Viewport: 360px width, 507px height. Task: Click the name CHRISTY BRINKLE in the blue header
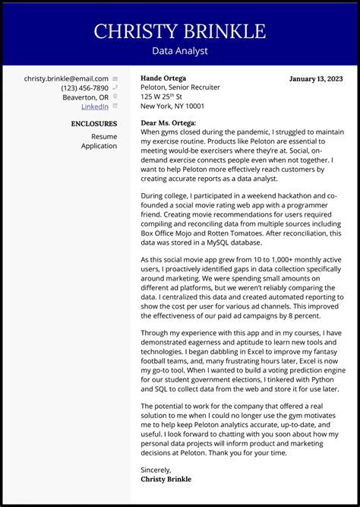pos(180,31)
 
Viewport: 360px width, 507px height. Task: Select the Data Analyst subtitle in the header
pos(180,51)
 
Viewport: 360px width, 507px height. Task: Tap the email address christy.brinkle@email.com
pos(66,78)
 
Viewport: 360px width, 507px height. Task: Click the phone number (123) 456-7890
pos(84,88)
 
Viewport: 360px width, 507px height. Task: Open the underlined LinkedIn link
pos(94,107)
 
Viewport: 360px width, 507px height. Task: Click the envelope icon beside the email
pos(115,78)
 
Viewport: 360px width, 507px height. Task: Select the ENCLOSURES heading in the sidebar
pos(94,123)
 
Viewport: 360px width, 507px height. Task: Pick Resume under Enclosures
pos(104,136)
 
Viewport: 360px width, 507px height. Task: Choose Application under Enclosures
pos(99,145)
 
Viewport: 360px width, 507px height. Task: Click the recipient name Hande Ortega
pos(163,78)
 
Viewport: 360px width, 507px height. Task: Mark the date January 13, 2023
pos(316,78)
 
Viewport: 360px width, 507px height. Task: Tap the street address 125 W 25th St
pos(166,97)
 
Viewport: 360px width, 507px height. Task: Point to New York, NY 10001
pos(172,106)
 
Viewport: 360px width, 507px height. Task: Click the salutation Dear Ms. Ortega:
pos(169,122)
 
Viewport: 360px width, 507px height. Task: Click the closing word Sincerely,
pos(156,470)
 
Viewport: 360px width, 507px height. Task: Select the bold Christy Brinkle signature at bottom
pos(166,479)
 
